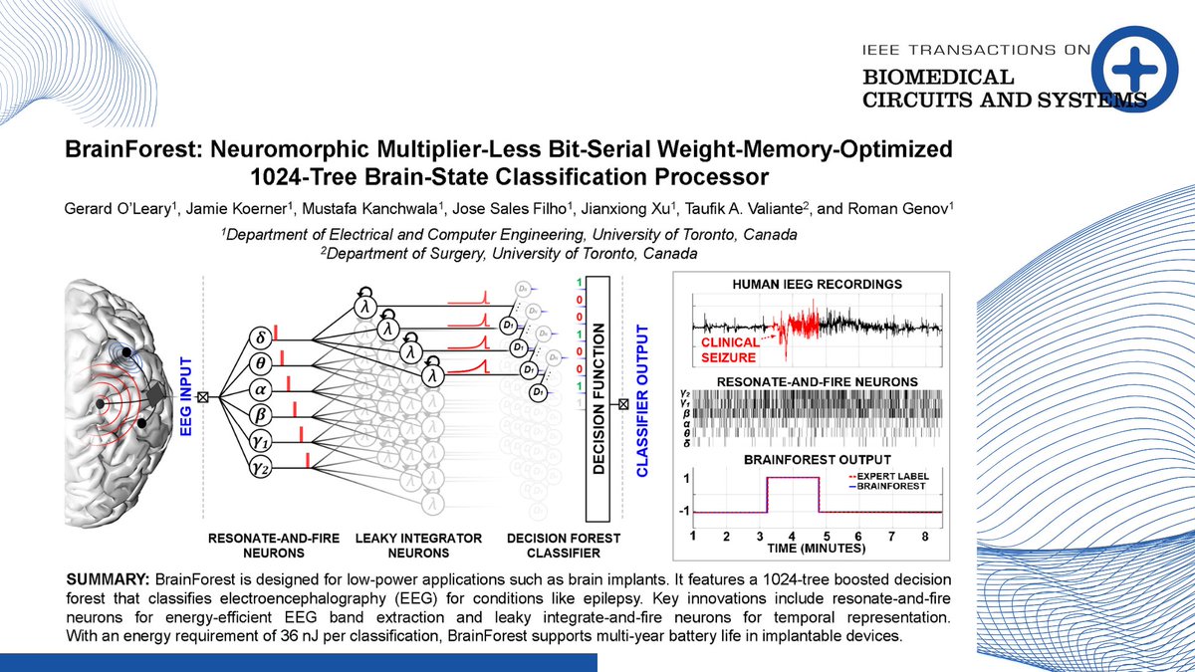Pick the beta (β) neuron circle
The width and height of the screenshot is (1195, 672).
261,411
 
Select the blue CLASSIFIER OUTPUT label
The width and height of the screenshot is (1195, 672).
642,398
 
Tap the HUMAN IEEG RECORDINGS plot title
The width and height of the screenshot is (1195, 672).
816,284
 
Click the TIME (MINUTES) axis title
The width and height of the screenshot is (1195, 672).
816,549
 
